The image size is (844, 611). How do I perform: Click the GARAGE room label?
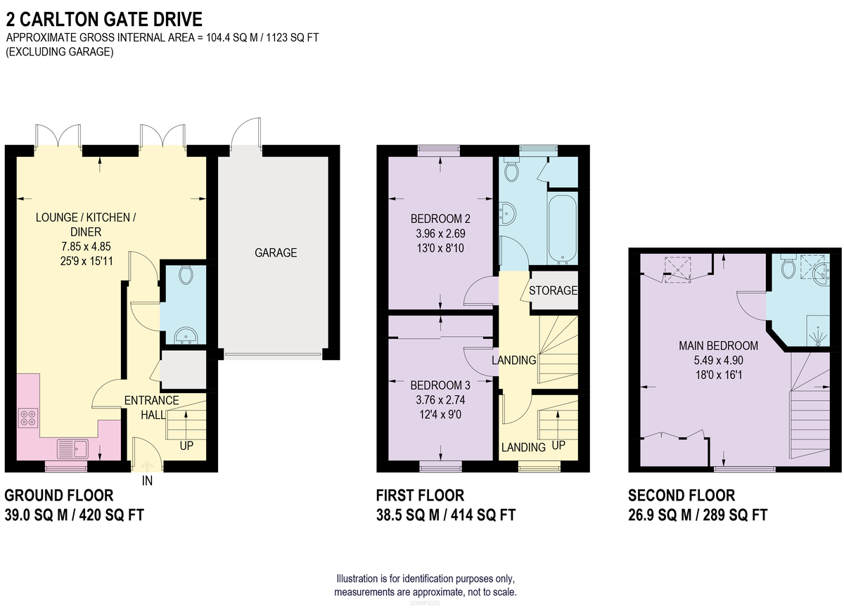(x=276, y=252)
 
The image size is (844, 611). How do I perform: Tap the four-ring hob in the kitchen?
(x=28, y=418)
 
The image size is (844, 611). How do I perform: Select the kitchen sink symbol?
(x=72, y=449)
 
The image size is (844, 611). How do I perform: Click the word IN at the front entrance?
(x=147, y=481)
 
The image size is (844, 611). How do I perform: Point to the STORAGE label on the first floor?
(x=553, y=290)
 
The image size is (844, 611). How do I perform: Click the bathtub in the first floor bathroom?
(x=563, y=229)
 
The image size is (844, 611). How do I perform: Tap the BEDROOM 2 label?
(x=440, y=219)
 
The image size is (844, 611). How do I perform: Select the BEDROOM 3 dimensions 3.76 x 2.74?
(x=440, y=399)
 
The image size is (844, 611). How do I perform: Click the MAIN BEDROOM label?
(x=718, y=345)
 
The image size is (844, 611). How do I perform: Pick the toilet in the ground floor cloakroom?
(x=186, y=275)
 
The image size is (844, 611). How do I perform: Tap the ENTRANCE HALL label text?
(x=152, y=407)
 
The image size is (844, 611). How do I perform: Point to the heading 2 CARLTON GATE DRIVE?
(x=104, y=19)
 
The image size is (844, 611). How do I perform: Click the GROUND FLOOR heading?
(x=59, y=496)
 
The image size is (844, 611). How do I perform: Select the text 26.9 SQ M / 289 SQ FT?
(x=698, y=515)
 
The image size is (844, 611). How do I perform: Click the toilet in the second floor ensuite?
(x=788, y=267)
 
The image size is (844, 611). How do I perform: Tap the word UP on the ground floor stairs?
(x=186, y=446)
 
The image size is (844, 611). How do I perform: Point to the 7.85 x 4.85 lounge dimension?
(x=86, y=246)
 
